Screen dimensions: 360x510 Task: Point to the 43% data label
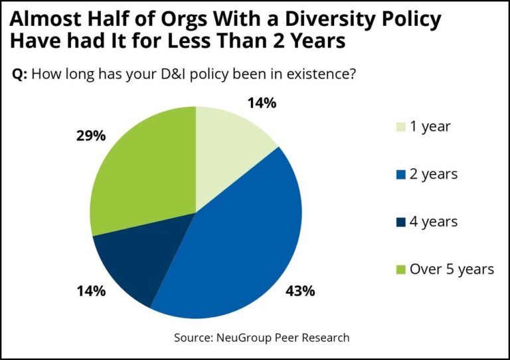(301, 291)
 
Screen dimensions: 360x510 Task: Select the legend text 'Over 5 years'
(452, 269)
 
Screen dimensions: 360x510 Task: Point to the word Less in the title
(203, 41)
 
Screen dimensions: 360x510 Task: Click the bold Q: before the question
(20, 74)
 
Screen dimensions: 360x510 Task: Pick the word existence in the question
(315, 74)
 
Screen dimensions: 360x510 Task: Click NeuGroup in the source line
(246, 337)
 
